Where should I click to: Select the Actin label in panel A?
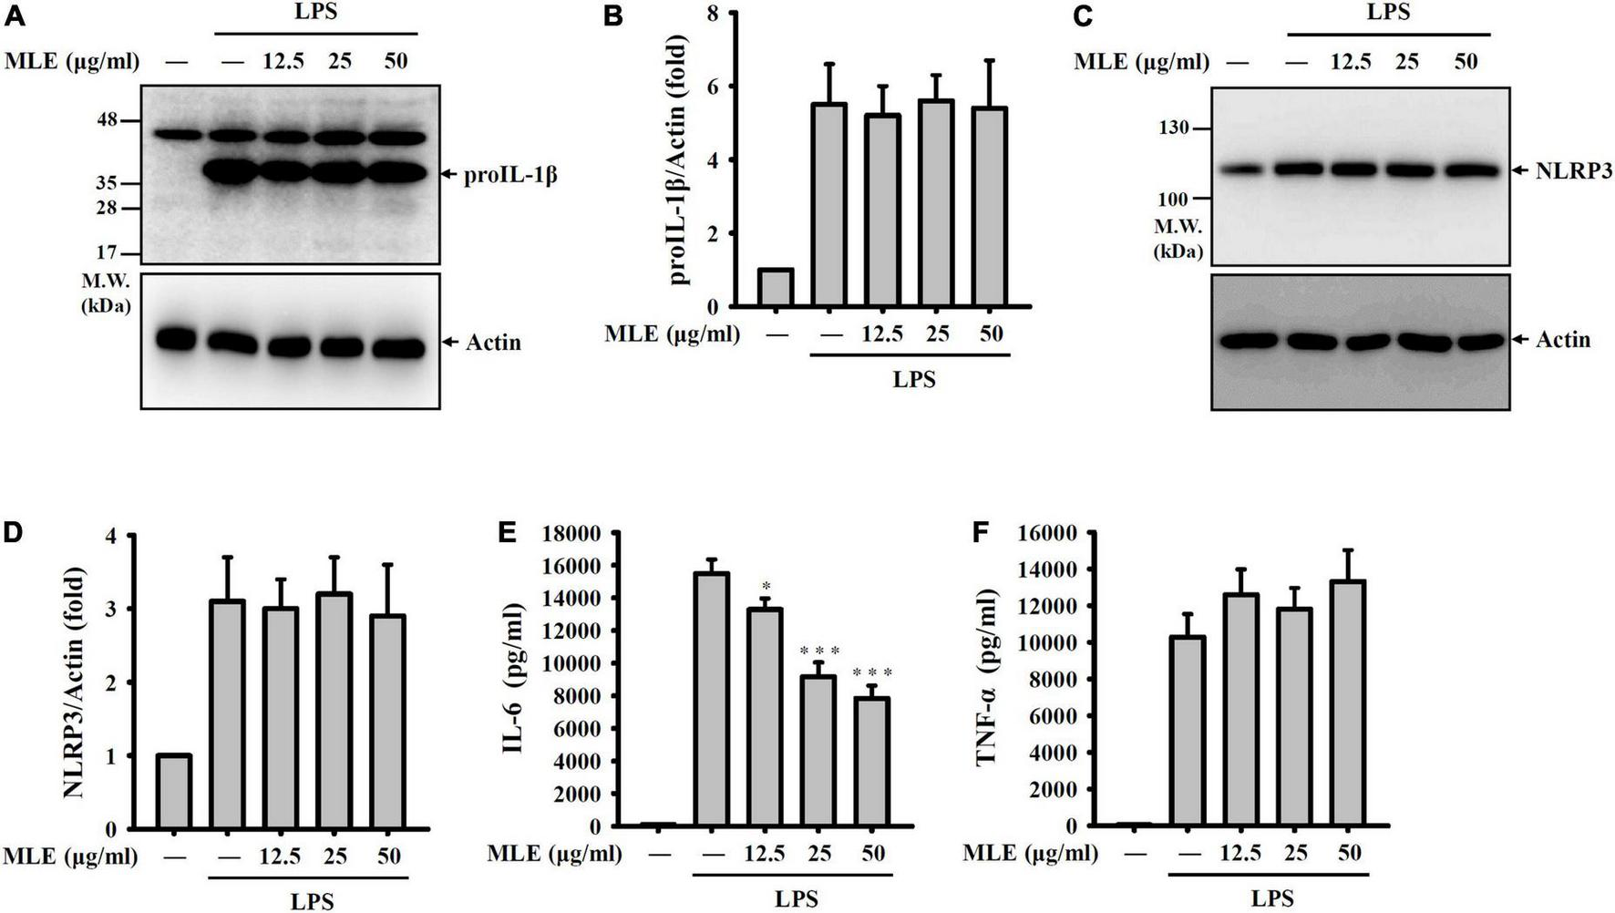click(x=493, y=343)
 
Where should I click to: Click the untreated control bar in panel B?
click(x=776, y=288)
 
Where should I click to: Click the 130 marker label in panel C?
click(x=1174, y=128)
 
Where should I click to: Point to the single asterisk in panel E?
click(x=766, y=586)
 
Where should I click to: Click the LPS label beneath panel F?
click(x=1270, y=898)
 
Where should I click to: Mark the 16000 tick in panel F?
click(x=1053, y=533)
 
